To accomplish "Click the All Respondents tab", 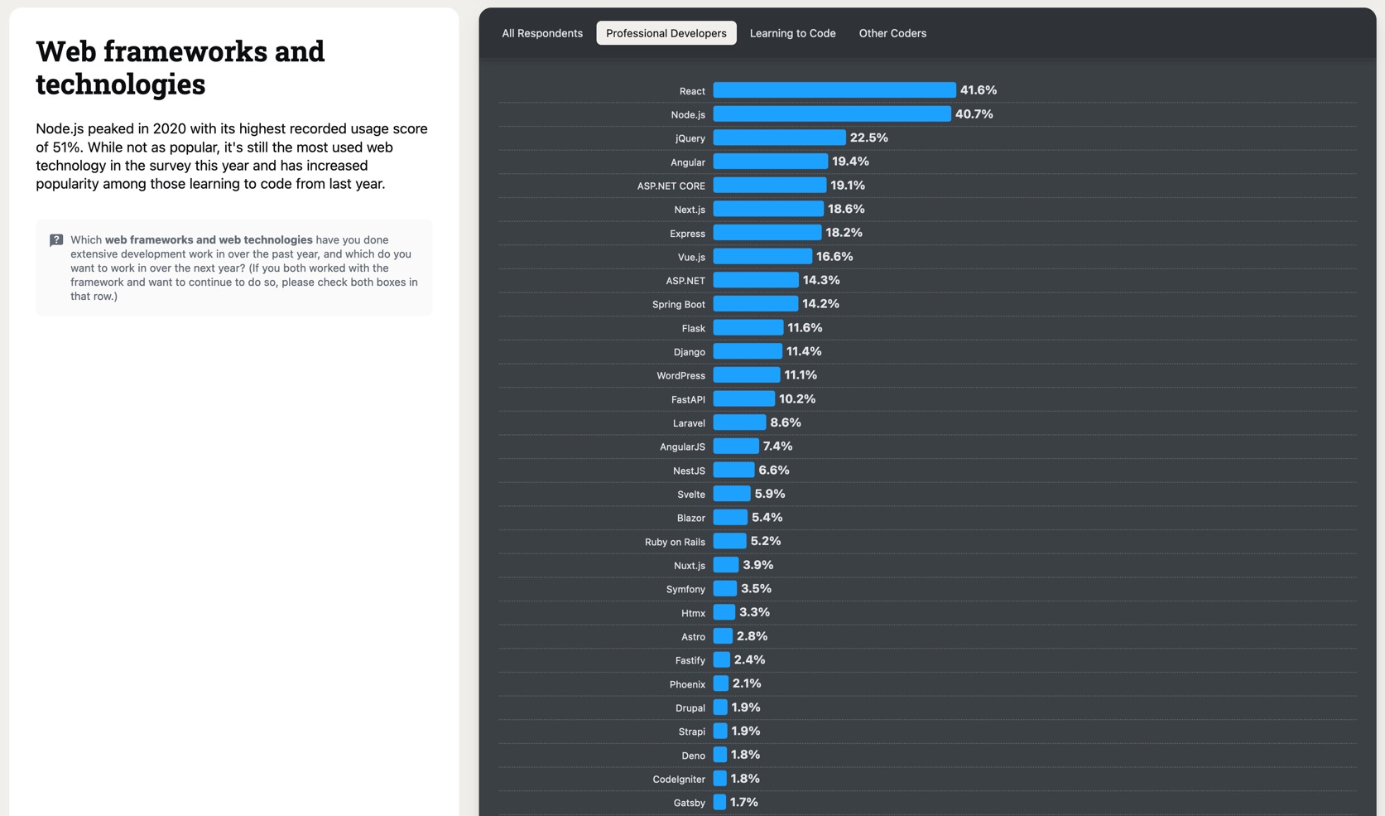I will [x=542, y=33].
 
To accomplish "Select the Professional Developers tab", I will [x=666, y=33].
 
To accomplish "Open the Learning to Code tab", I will [x=792, y=33].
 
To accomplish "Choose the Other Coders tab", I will [x=892, y=33].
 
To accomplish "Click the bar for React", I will [x=834, y=90].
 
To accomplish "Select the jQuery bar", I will [x=779, y=138].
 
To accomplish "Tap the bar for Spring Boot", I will [x=755, y=304].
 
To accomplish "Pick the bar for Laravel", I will [x=739, y=422].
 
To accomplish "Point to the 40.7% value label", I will [x=974, y=114].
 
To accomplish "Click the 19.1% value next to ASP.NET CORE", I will [x=848, y=186].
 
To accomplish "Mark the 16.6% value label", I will [x=834, y=257].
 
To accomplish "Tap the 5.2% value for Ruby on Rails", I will [x=765, y=541].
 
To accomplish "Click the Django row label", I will [x=689, y=352].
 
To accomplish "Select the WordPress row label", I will [x=680, y=376].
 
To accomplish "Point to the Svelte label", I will [x=690, y=495].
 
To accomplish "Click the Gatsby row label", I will [x=689, y=803].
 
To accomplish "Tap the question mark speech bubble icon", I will [x=56, y=240].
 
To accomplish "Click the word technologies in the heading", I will [x=120, y=84].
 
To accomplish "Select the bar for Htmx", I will [x=724, y=612].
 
